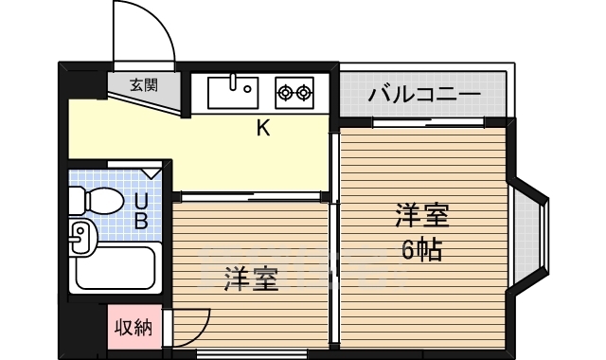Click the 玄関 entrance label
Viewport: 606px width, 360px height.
(x=144, y=84)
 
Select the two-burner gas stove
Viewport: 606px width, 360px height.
(x=294, y=92)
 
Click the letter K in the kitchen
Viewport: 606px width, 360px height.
(x=263, y=129)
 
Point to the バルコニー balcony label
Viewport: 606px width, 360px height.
(x=424, y=95)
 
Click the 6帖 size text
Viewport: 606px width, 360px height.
(x=422, y=250)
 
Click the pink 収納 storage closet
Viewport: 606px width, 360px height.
(x=134, y=328)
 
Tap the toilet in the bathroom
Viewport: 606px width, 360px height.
(x=95, y=200)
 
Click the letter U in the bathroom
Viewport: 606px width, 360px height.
(x=140, y=201)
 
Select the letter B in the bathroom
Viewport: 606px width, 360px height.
(x=140, y=223)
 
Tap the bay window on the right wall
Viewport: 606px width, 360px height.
(x=530, y=231)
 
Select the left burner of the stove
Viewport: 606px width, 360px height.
(x=285, y=92)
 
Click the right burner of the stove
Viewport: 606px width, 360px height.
(x=304, y=92)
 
